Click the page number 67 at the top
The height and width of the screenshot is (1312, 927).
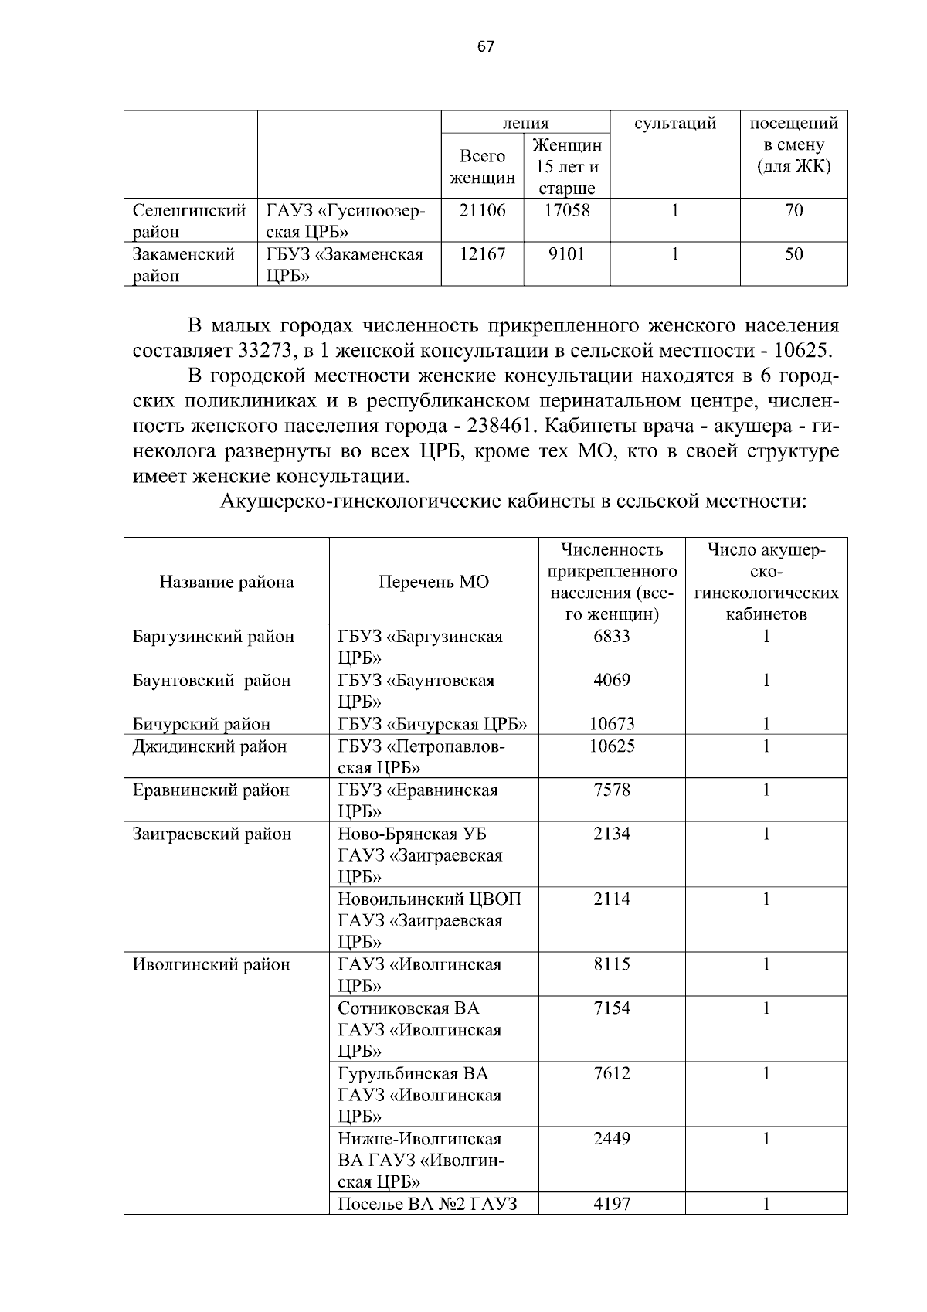point(485,46)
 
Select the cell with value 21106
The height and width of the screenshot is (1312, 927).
point(482,210)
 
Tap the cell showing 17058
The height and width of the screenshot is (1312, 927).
point(566,210)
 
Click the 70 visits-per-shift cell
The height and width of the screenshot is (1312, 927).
point(793,210)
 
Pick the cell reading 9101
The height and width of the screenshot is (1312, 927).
point(566,254)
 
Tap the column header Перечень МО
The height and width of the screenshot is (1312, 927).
point(433,582)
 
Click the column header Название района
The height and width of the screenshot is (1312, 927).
point(226,582)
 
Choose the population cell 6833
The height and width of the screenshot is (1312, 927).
point(611,636)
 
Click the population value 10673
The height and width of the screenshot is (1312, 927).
point(611,724)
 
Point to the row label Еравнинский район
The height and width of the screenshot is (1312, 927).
point(211,790)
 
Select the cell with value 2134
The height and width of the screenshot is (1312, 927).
point(611,834)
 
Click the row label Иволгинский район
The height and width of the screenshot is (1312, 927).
point(212,964)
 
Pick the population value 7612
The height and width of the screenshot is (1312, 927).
point(611,1073)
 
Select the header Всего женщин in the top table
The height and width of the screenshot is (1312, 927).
point(482,167)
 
